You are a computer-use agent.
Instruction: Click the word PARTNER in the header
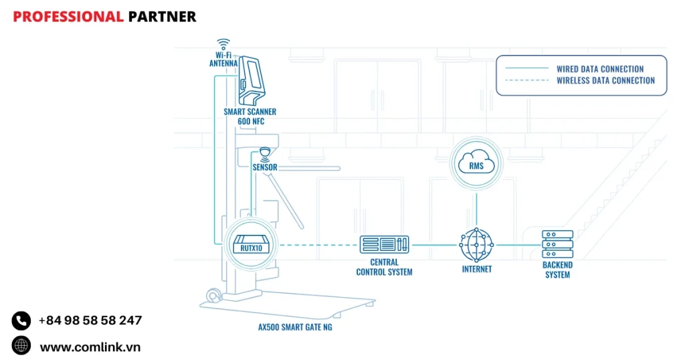[x=162, y=17]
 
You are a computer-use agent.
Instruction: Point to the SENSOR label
[x=265, y=167]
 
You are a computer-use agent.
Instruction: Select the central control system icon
[x=384, y=244]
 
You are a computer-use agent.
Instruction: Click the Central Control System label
[x=384, y=267]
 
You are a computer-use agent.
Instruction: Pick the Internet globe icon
[x=476, y=246]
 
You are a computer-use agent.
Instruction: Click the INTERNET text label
[x=476, y=269]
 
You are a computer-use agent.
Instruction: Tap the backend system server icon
[x=557, y=244]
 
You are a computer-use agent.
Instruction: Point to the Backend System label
[x=557, y=270]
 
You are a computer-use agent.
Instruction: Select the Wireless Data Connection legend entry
[x=605, y=80]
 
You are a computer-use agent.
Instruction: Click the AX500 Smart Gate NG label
[x=295, y=327]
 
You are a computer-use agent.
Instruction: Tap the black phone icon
[x=21, y=321]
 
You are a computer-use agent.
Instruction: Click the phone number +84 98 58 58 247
[x=90, y=321]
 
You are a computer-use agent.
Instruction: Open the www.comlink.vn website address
[x=90, y=347]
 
